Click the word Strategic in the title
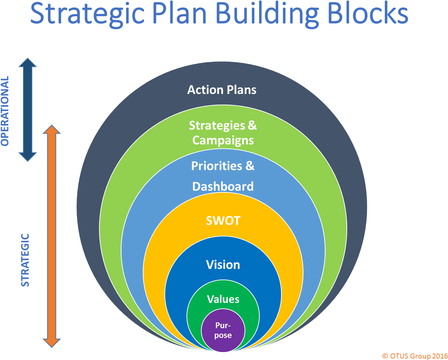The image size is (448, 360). click(87, 14)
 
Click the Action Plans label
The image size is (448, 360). click(222, 90)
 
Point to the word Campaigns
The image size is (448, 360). click(223, 140)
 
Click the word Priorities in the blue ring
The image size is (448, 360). click(216, 166)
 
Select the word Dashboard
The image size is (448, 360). click(223, 187)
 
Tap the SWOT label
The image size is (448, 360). click(223, 220)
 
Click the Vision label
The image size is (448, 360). click(223, 265)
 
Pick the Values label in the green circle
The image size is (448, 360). click(223, 299)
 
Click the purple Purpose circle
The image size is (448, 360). click(223, 331)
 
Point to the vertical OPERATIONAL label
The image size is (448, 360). click(5, 111)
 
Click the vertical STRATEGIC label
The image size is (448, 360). click(25, 260)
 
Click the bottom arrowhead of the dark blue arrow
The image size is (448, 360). click(27, 156)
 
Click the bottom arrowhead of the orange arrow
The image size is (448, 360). click(52, 343)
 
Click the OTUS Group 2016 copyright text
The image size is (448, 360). click(414, 356)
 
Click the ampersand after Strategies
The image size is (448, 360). click(252, 125)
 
